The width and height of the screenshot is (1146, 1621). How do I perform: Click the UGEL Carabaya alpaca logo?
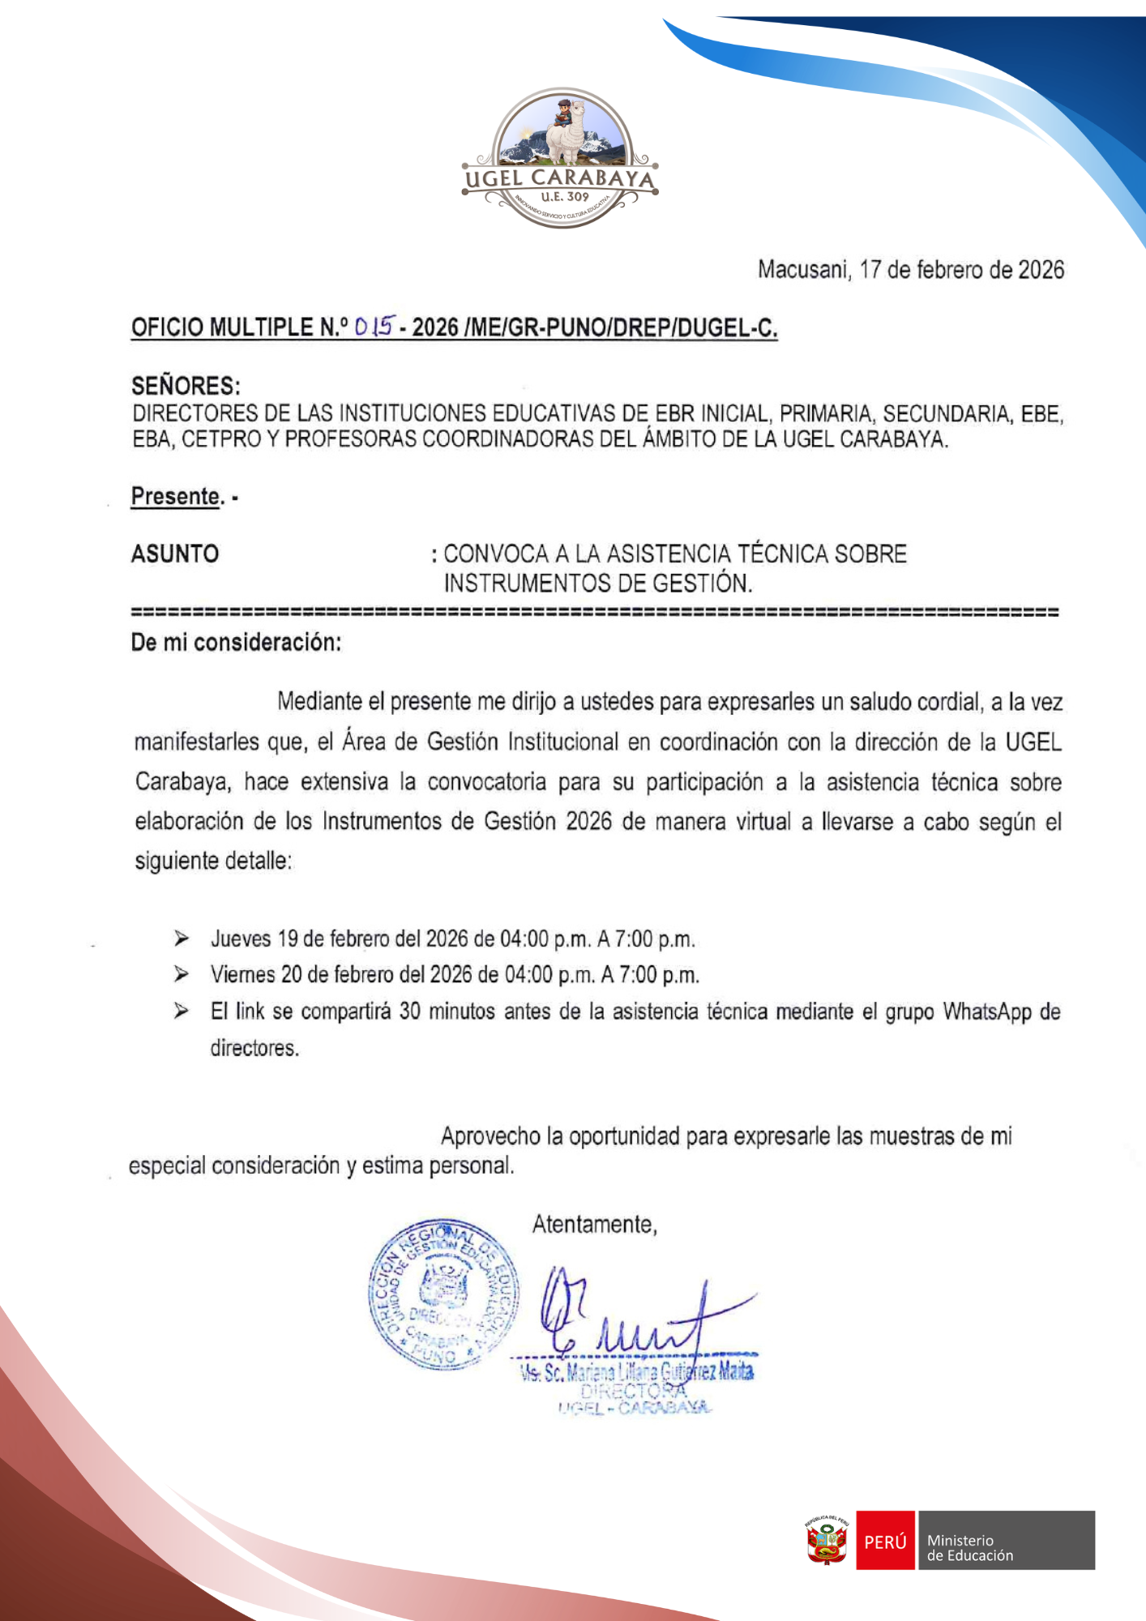tap(560, 158)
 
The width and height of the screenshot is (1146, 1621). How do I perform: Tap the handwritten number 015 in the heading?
tap(374, 327)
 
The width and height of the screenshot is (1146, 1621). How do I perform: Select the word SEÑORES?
tap(186, 386)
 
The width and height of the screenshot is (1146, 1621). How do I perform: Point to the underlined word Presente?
tap(176, 496)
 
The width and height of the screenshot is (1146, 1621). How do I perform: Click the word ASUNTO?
tap(175, 554)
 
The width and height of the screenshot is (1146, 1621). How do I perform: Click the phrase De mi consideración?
tap(236, 643)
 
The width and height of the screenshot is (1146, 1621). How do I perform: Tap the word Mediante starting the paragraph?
tap(319, 702)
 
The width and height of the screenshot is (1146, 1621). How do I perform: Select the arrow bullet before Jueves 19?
tap(182, 939)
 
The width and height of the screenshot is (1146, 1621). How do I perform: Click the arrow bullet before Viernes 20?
tap(182, 974)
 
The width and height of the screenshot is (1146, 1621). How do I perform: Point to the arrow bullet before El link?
tap(182, 1011)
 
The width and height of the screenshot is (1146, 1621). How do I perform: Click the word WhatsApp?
tap(987, 1012)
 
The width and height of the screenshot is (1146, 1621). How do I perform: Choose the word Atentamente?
tap(594, 1224)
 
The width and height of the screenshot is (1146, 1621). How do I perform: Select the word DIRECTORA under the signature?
tap(633, 1391)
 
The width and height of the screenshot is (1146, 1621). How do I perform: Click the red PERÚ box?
tap(885, 1541)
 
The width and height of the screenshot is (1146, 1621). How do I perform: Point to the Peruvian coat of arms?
tap(827, 1541)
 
